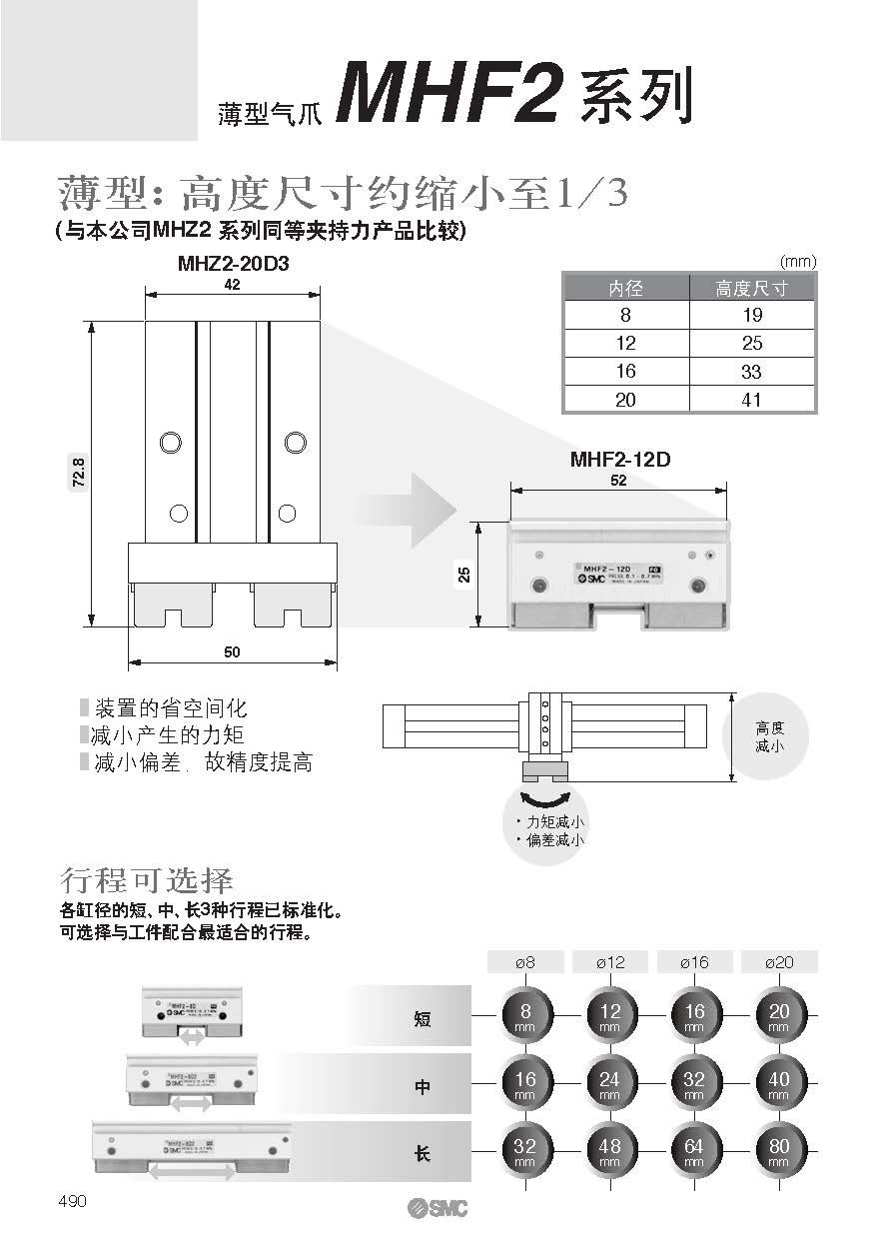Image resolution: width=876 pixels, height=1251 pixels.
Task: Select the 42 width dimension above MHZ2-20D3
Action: (233, 285)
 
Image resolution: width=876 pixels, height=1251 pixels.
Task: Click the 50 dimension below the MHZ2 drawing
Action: (232, 652)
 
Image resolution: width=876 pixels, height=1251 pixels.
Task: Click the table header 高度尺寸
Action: (752, 289)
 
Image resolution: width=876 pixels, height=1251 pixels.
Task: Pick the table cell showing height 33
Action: (752, 372)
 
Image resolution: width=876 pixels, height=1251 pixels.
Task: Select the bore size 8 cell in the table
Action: (625, 316)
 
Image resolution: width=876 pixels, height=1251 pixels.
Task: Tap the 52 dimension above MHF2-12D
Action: (618, 481)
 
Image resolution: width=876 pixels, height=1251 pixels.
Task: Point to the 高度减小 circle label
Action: (769, 738)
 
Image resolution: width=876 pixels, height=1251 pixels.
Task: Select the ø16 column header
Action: (694, 962)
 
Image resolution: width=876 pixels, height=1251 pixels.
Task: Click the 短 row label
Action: (423, 1019)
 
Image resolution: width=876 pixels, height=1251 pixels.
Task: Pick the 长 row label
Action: (423, 1153)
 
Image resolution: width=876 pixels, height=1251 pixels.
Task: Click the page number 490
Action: (73, 1201)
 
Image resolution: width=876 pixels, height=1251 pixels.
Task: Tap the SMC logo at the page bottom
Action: (437, 1208)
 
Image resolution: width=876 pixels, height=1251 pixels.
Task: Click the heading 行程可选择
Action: (147, 881)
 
